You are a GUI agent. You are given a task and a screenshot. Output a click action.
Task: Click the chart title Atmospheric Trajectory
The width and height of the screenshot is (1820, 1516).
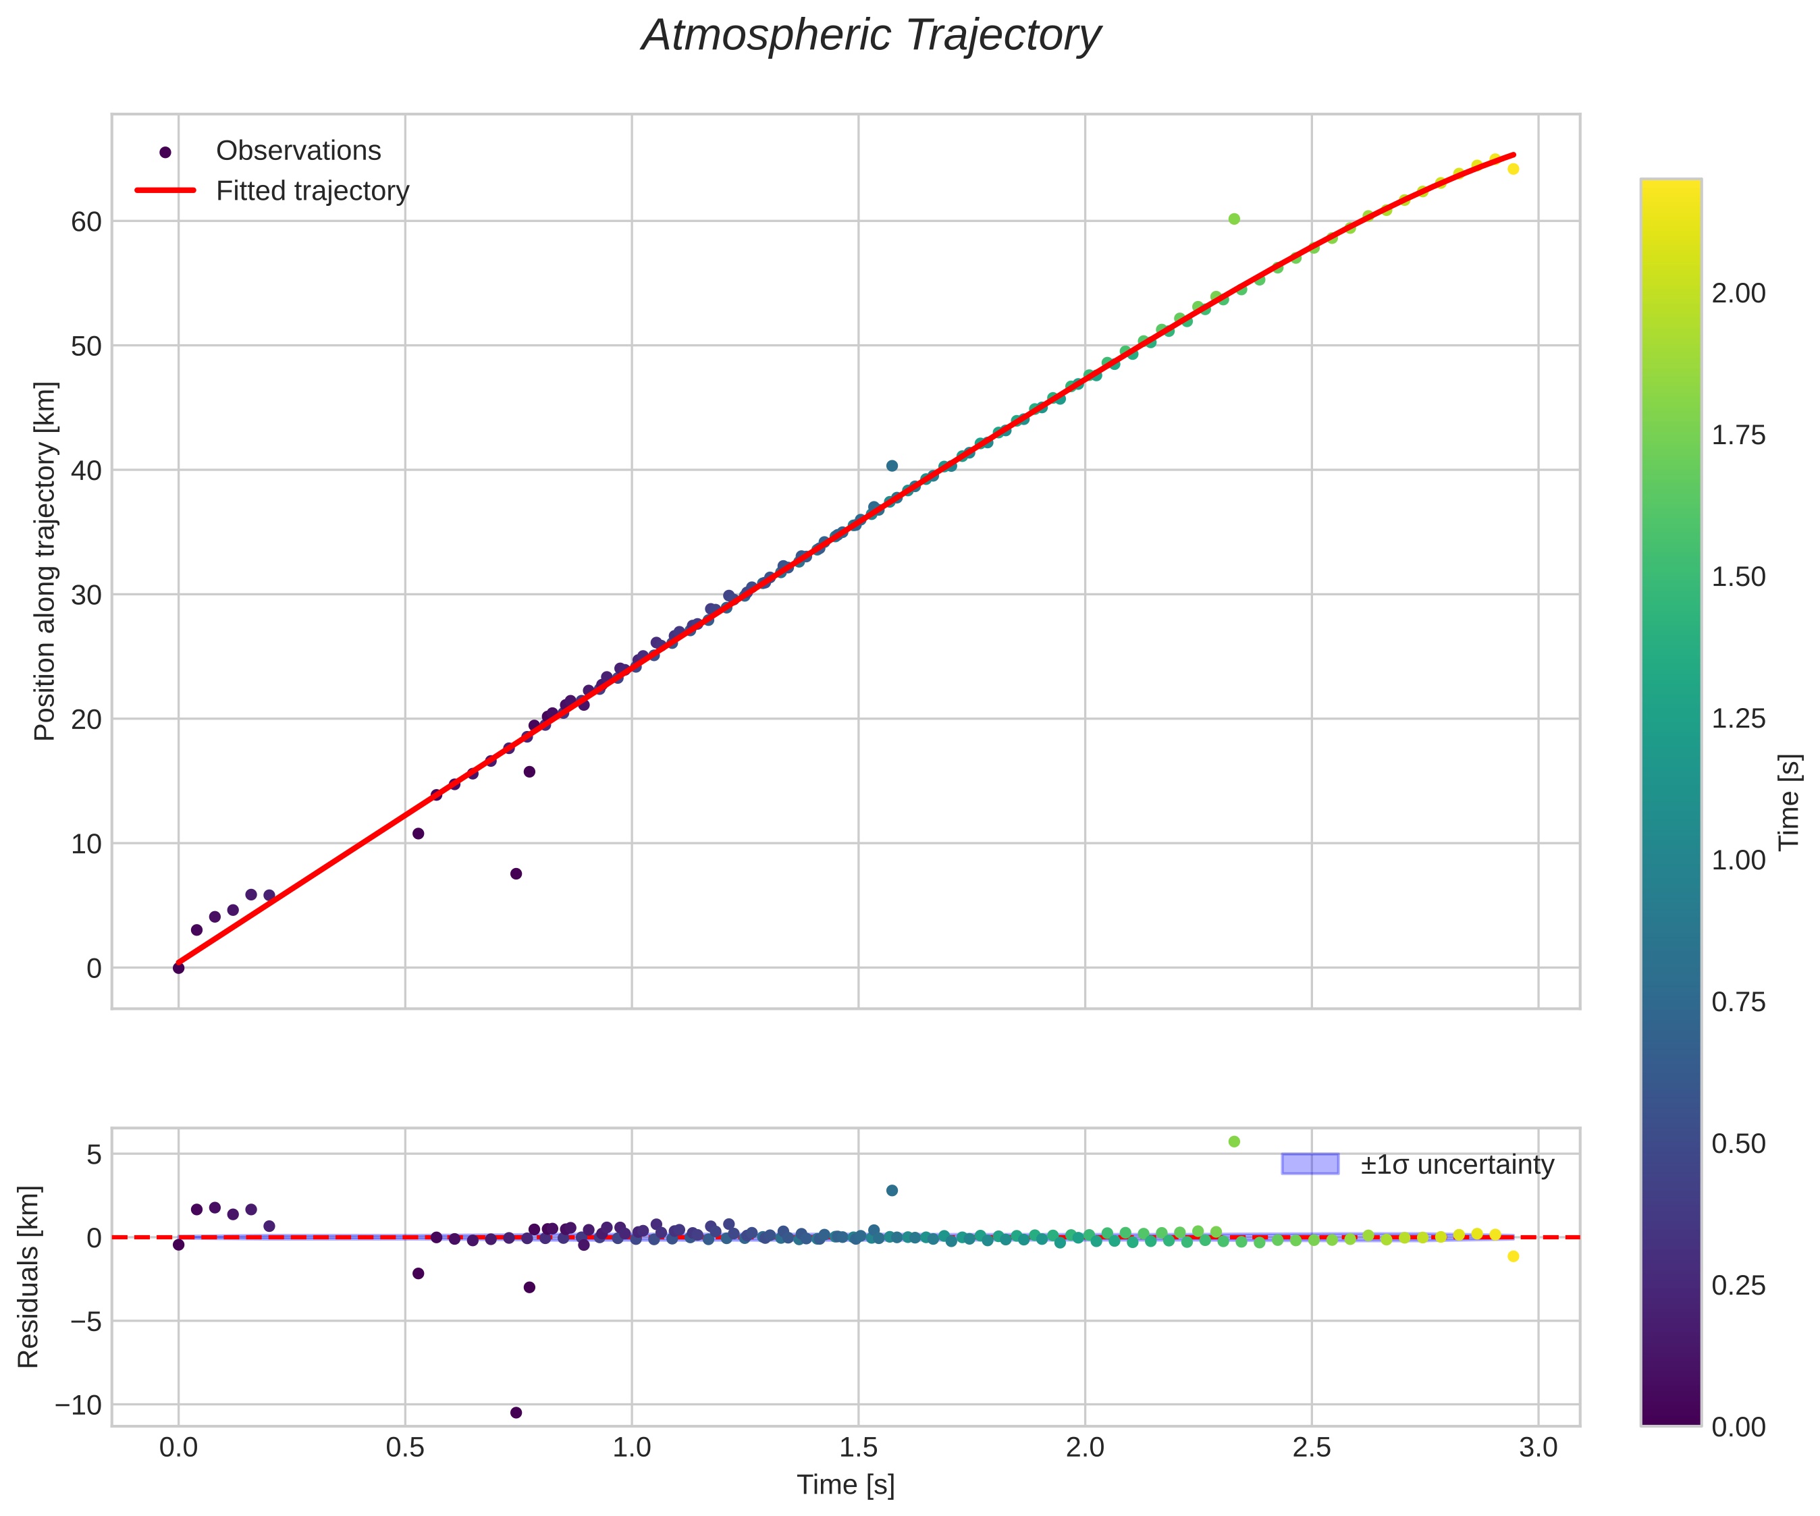870,36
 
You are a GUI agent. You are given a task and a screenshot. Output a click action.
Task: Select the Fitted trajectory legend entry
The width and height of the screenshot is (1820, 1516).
312,191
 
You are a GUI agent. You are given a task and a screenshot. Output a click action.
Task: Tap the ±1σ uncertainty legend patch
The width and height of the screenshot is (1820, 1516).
1310,1164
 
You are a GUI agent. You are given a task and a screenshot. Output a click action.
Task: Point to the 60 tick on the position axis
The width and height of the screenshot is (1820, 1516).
86,222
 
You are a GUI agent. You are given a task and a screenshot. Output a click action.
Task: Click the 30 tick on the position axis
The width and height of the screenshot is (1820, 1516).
86,595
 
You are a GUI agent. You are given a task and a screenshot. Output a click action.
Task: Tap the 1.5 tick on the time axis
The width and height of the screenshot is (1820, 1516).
858,1449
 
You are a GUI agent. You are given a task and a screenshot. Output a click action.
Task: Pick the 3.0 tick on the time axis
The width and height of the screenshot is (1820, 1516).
1538,1449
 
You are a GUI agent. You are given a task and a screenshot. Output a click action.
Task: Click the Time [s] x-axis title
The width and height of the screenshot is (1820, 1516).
845,1486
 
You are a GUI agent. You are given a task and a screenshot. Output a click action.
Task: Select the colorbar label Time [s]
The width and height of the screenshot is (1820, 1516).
1790,802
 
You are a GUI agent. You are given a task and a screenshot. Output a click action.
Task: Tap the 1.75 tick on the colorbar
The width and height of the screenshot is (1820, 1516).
1738,435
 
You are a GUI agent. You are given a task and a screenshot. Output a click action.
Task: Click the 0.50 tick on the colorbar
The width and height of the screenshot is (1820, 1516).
1738,1144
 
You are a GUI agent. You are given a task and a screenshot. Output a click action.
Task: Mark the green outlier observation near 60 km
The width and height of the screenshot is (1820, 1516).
1234,219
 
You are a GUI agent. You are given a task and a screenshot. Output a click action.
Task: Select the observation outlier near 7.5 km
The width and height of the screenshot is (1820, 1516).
516,873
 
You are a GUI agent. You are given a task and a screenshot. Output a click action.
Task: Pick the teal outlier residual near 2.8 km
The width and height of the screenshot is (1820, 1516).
892,1191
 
